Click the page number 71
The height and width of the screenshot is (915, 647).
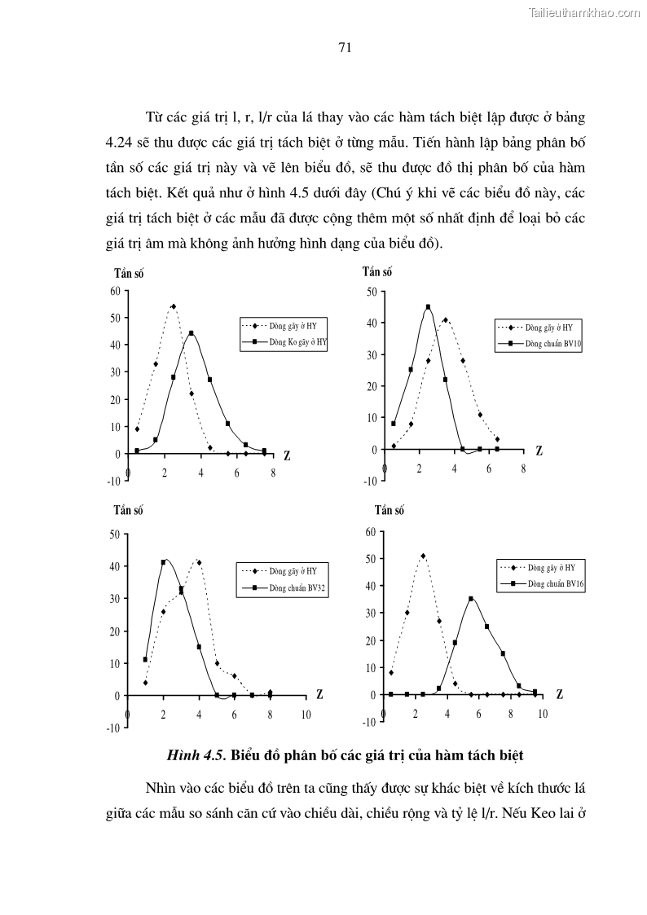point(344,47)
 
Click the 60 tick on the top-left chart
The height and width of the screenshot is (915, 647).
point(116,291)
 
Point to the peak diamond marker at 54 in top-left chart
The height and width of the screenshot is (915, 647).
point(174,306)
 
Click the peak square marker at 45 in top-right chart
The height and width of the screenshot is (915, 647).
point(428,307)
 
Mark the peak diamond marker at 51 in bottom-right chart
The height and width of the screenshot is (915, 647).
point(423,556)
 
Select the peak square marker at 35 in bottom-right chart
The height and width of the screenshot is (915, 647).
point(471,599)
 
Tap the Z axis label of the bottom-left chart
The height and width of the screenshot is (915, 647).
point(319,695)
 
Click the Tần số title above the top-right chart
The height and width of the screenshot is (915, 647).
point(377,272)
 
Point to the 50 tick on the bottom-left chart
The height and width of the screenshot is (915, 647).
point(115,534)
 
